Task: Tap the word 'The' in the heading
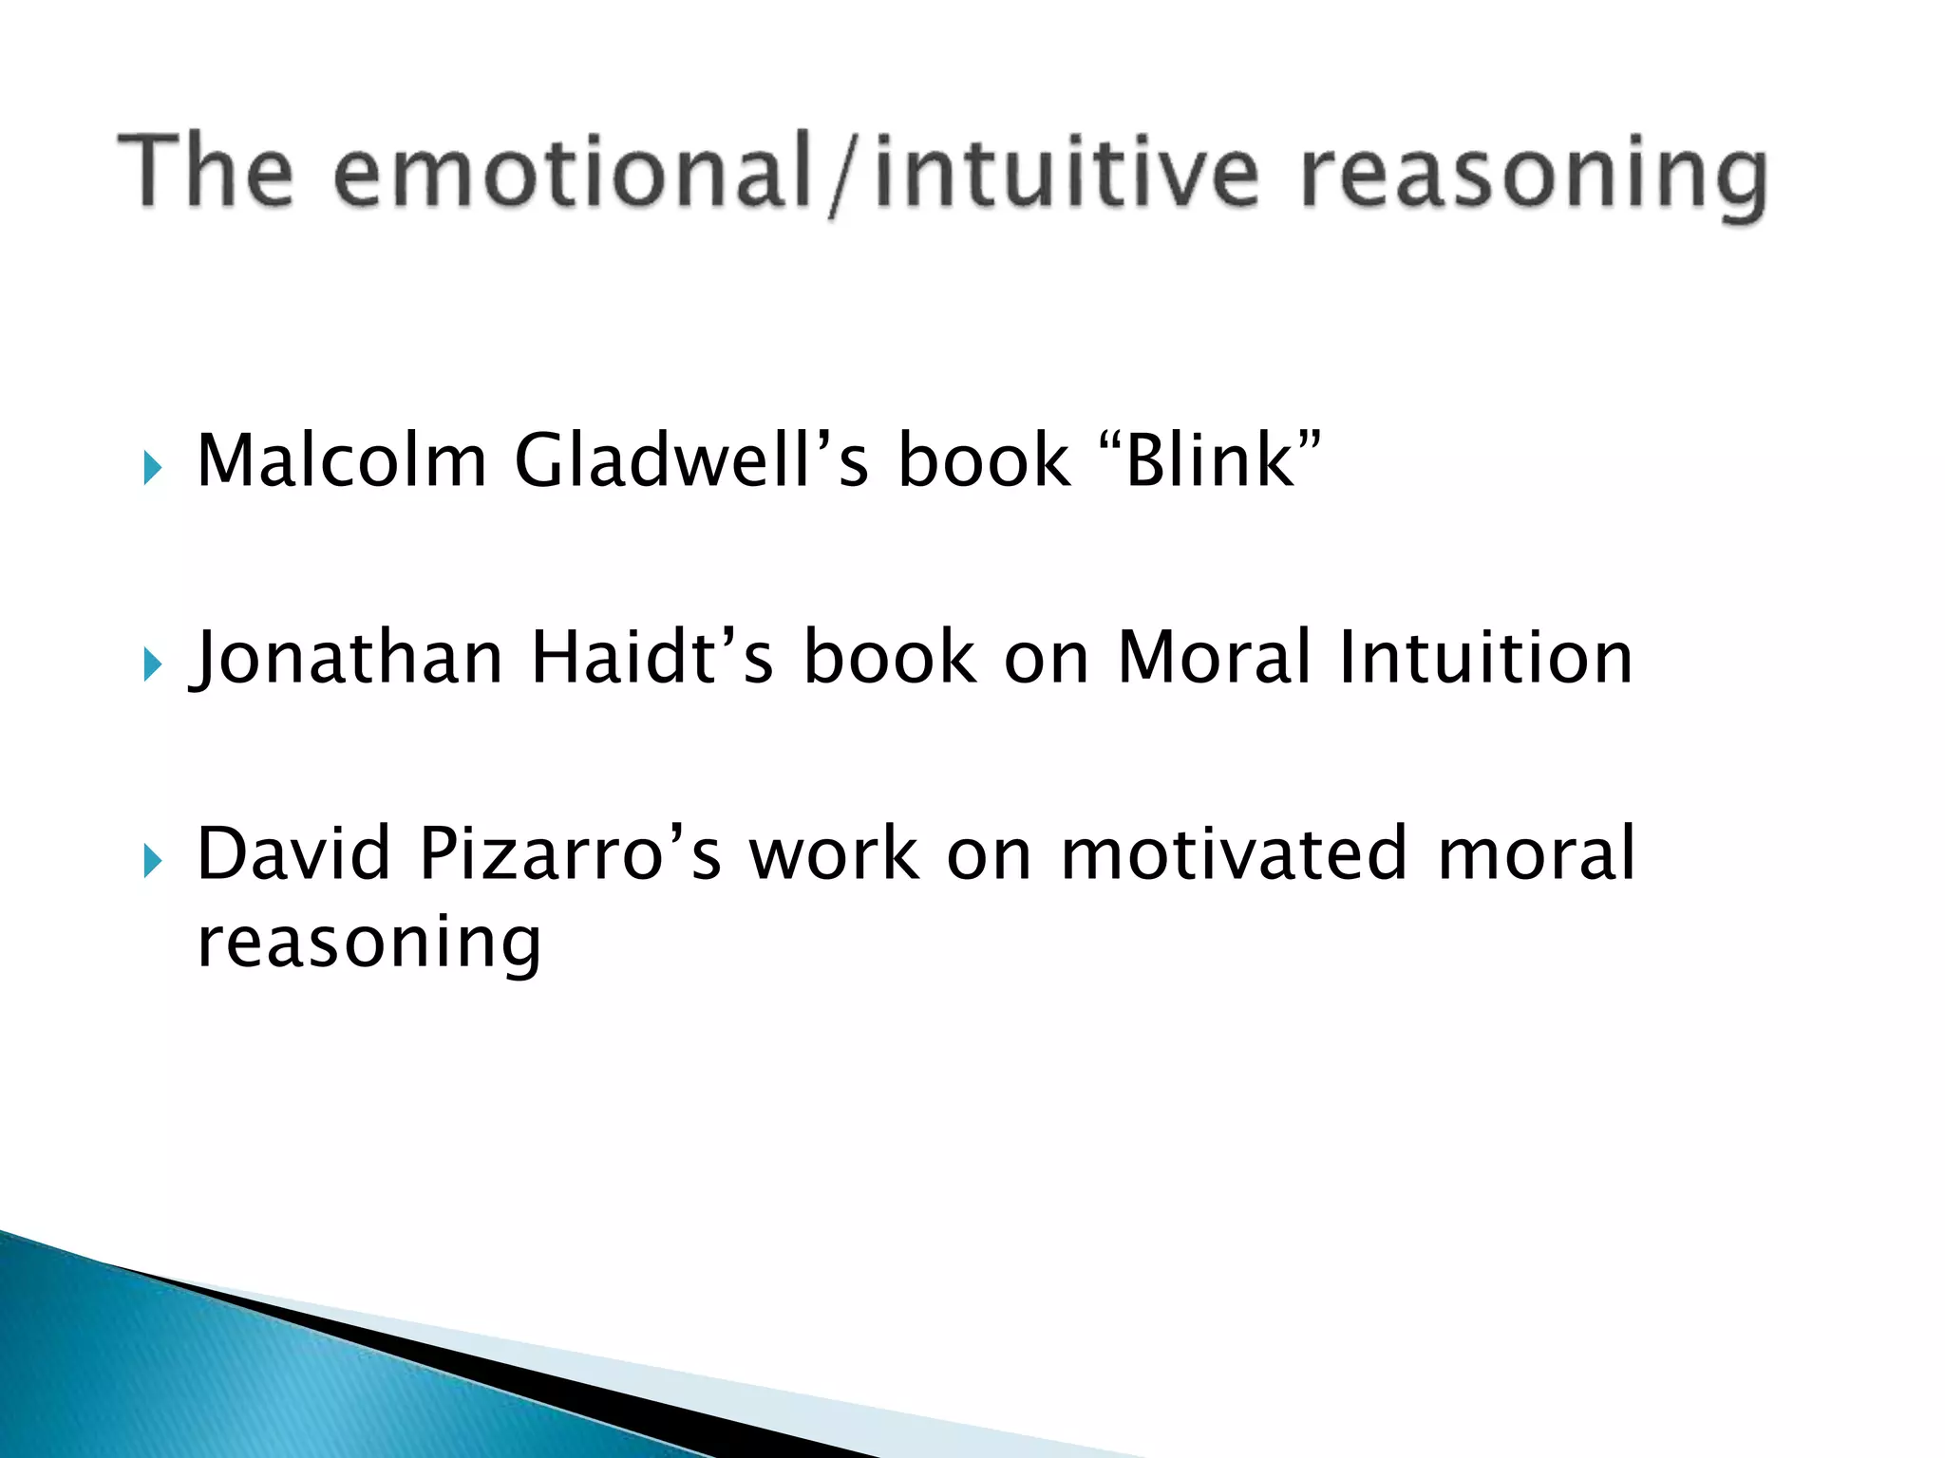click(x=205, y=171)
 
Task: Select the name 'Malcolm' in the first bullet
click(x=341, y=460)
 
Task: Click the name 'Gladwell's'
click(x=690, y=460)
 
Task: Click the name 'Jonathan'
click(x=348, y=658)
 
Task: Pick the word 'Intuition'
click(x=1485, y=658)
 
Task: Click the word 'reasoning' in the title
click(x=1533, y=176)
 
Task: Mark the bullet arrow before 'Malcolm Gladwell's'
click(x=153, y=468)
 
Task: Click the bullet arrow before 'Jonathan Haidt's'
click(x=153, y=664)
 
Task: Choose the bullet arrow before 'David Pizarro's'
click(x=153, y=862)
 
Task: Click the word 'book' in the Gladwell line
click(x=984, y=460)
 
